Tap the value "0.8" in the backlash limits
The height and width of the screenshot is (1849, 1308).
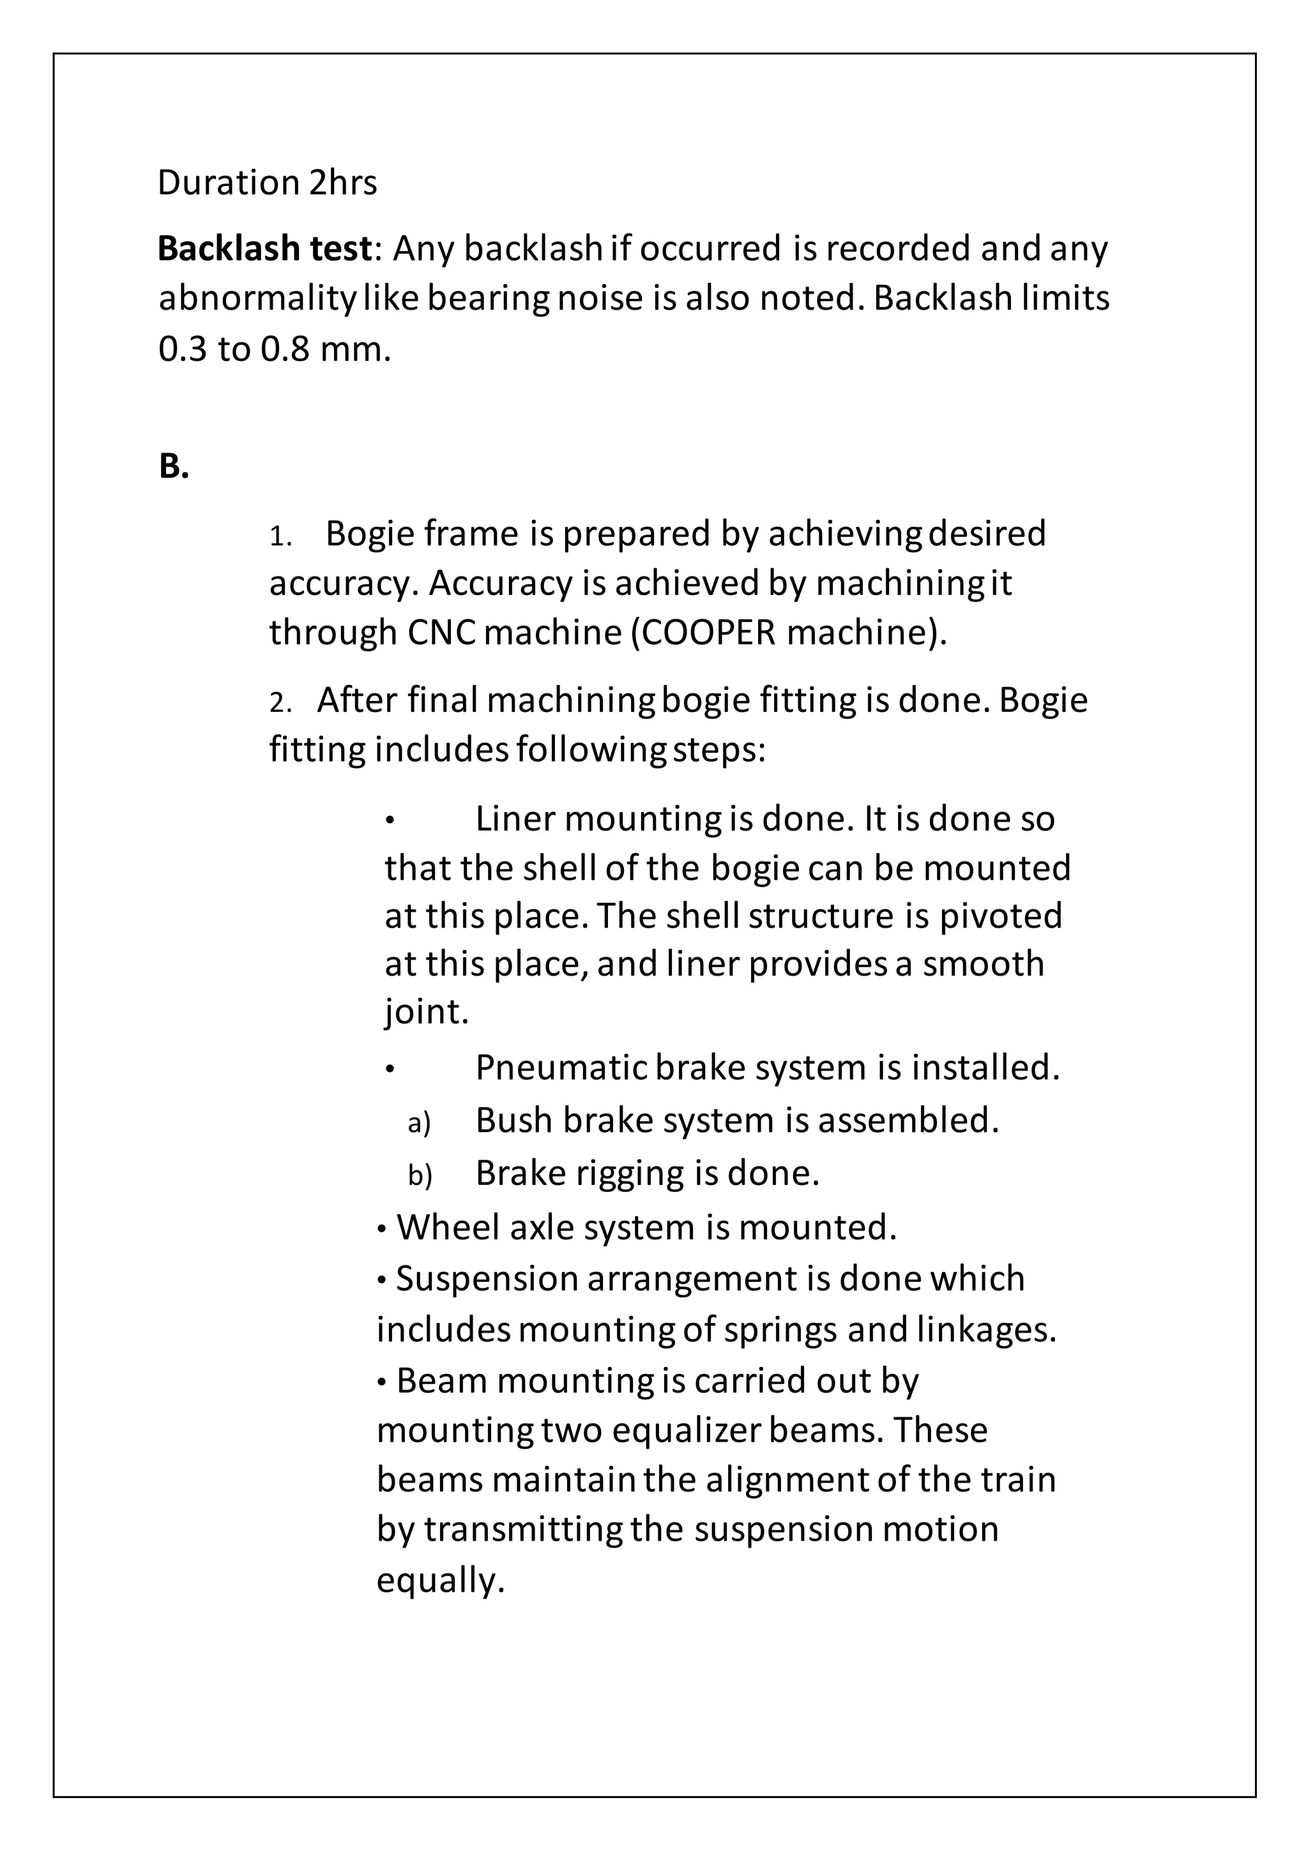pyautogui.click(x=285, y=349)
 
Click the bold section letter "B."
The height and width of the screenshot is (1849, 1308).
pyautogui.click(x=173, y=466)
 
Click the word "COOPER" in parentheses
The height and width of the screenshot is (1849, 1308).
pyautogui.click(x=710, y=633)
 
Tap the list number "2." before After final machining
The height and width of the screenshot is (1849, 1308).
pyautogui.click(x=280, y=703)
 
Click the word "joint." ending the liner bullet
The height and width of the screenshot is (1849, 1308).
pyautogui.click(x=426, y=1012)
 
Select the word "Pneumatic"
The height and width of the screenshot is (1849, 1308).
pyautogui.click(x=561, y=1068)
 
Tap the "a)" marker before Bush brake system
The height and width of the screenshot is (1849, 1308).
pyautogui.click(x=420, y=1122)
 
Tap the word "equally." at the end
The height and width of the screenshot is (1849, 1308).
pyautogui.click(x=440, y=1581)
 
